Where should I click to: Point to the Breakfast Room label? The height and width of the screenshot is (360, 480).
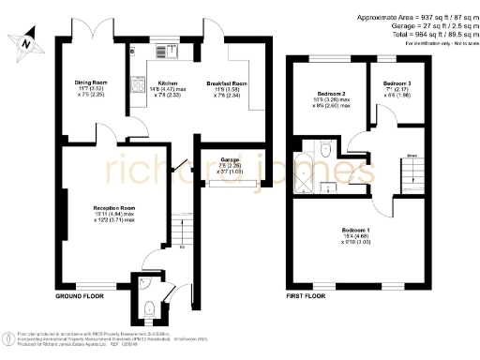(x=226, y=83)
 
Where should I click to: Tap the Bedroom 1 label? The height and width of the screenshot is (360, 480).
(x=356, y=230)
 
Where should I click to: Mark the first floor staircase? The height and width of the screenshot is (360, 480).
(x=411, y=170)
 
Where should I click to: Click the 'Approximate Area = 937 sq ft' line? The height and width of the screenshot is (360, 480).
(x=413, y=18)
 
